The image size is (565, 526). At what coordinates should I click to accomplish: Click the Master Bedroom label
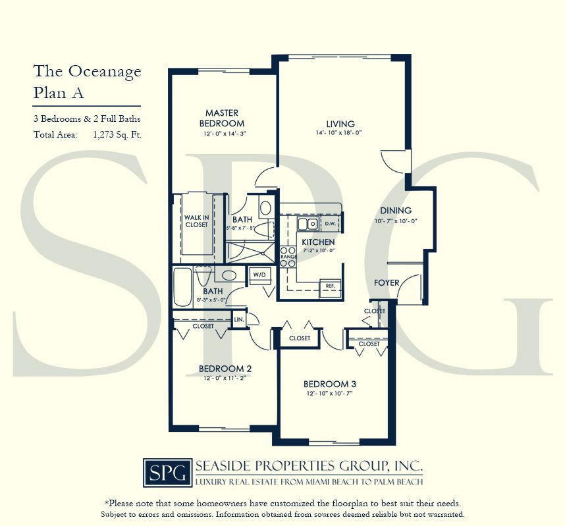pos(221,118)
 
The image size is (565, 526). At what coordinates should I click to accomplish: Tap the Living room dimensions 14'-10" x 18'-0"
pos(340,133)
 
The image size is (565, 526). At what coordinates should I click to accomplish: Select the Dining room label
pos(395,211)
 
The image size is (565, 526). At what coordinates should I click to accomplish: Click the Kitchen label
pos(318,242)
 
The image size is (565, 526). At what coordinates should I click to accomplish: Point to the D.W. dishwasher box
pos(330,224)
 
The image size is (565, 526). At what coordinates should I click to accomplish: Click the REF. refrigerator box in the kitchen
pos(329,286)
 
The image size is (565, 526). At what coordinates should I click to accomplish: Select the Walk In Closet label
pos(196,221)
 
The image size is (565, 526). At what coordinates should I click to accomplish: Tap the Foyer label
pos(387,283)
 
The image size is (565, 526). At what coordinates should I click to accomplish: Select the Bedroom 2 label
pos(225,369)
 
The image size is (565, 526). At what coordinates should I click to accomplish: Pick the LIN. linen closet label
pos(238,321)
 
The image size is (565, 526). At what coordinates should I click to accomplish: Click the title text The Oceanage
pos(87,72)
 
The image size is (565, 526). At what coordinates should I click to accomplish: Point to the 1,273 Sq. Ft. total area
pos(118,135)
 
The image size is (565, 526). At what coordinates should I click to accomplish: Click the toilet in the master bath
pos(265,208)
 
